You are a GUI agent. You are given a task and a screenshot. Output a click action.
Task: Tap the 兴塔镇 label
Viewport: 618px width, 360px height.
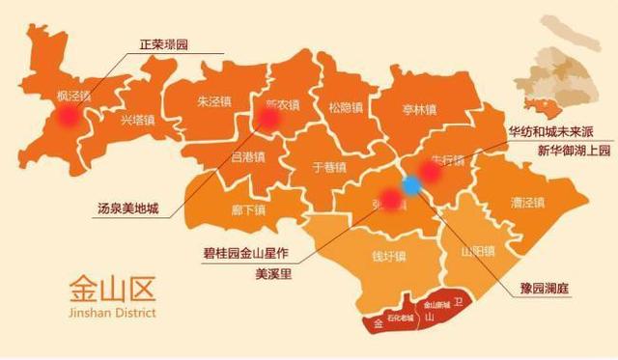point(136,122)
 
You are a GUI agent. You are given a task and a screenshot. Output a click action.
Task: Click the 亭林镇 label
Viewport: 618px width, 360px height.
point(419,109)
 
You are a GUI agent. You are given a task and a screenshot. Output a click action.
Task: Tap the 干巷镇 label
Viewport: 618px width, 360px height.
point(329,166)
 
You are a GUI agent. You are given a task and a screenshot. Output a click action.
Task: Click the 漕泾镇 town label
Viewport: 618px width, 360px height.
point(527,203)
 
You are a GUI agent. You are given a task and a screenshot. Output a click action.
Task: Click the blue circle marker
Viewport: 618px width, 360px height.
point(412,185)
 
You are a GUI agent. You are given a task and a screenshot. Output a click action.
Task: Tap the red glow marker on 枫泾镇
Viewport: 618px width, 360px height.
point(67,116)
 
